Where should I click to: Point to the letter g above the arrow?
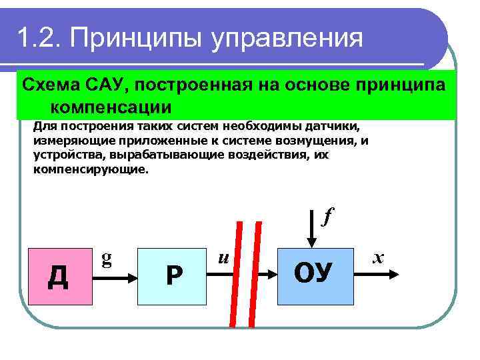point(106,257)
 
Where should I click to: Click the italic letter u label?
point(224,255)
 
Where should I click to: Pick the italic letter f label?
point(327,216)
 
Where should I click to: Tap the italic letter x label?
point(379,255)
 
